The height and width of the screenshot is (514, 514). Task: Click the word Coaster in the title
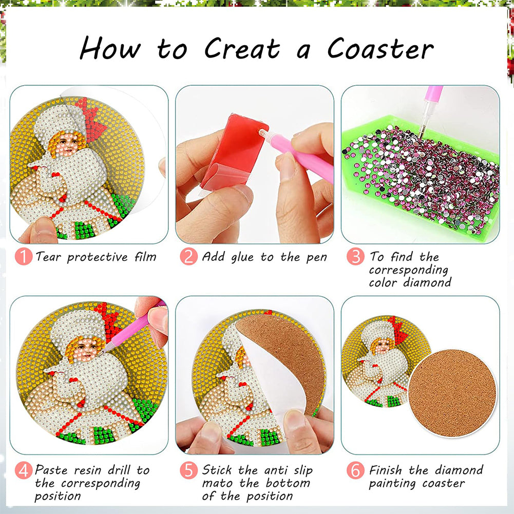[380, 49]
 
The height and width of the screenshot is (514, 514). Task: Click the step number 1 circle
[24, 256]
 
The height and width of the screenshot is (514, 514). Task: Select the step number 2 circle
[189, 256]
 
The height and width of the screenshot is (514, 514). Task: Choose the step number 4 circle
[24, 470]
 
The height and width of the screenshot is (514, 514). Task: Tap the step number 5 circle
[189, 470]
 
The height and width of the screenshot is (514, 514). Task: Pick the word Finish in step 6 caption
[387, 470]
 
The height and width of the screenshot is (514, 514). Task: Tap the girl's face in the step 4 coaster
[82, 349]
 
